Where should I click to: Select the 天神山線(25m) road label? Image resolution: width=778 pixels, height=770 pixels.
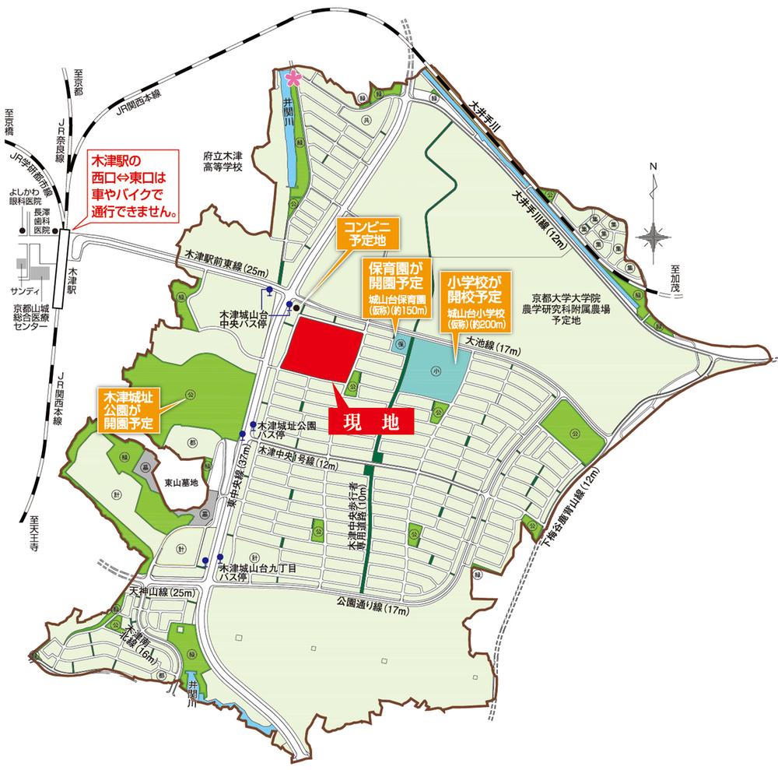163,592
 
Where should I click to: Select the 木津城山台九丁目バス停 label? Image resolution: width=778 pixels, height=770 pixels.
249,577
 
